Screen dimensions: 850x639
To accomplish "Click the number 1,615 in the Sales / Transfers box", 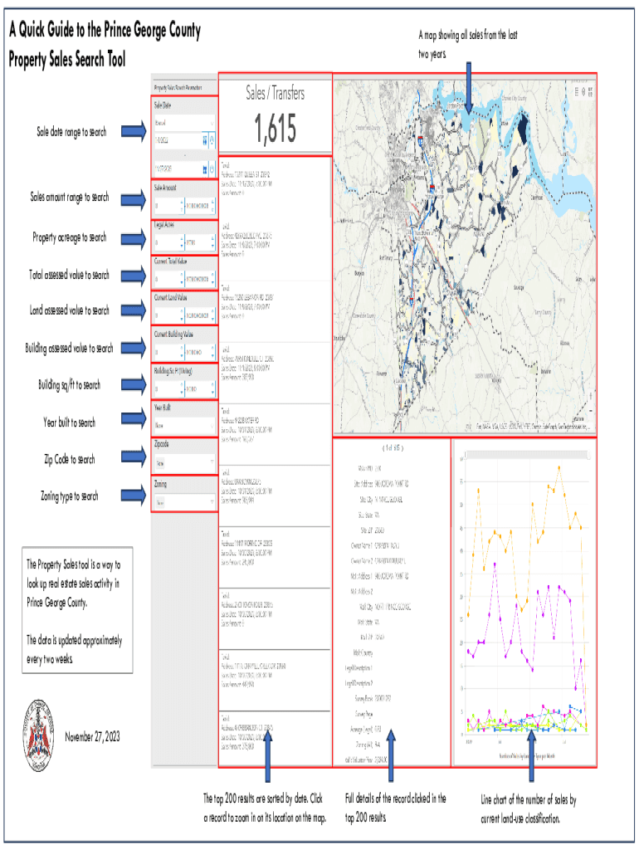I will pyautogui.click(x=275, y=129).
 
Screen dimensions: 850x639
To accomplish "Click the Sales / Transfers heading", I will pyautogui.click(x=275, y=94).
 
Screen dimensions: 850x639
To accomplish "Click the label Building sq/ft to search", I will pyautogui.click(x=69, y=385).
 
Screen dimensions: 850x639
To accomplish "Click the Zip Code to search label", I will pyautogui.click(x=70, y=459).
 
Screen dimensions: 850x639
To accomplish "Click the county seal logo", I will pyautogui.click(x=39, y=730).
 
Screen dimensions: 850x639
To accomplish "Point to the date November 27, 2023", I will pyautogui.click(x=92, y=737).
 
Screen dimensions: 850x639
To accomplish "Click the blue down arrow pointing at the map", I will pyautogui.click(x=468, y=86).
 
